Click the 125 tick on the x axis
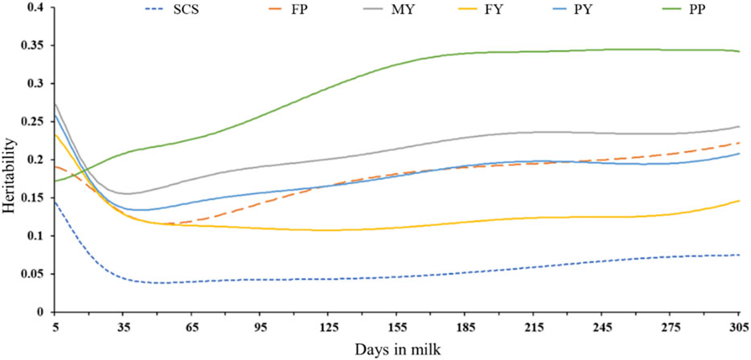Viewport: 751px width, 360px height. [x=329, y=328]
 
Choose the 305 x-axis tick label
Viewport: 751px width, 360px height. [x=739, y=328]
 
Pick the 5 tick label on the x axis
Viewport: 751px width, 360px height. [x=54, y=328]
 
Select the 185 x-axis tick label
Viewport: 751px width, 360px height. [x=466, y=328]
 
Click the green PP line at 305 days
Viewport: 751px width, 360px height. [x=739, y=51]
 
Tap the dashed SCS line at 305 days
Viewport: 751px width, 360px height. [x=739, y=255]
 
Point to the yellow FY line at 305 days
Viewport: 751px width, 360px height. [x=739, y=201]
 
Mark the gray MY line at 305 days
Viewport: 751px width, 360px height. [x=739, y=127]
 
